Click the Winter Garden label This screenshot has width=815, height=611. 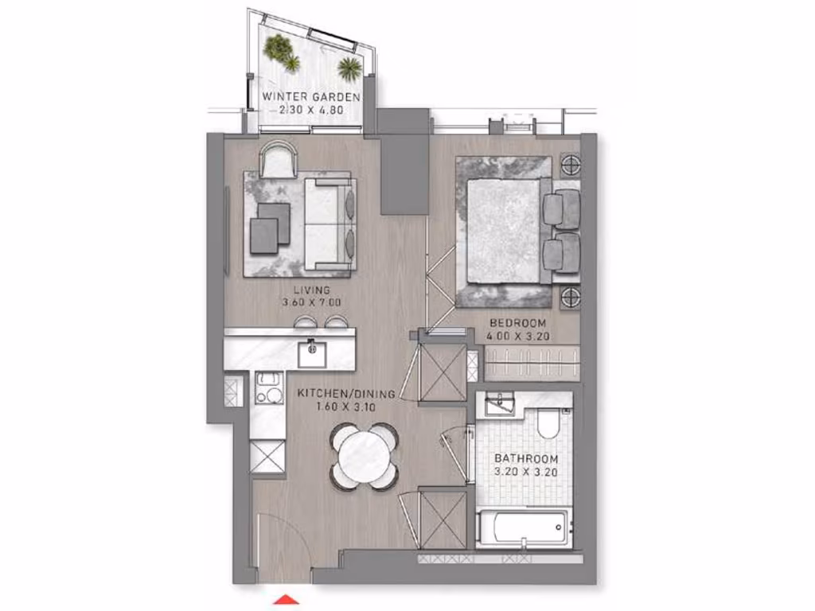tap(311, 97)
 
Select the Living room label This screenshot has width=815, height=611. tap(310, 290)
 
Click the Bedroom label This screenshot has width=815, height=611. tap(517, 323)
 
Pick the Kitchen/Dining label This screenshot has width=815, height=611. tap(336, 393)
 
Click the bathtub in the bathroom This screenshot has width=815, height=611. tap(523, 525)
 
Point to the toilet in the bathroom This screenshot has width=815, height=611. tap(549, 422)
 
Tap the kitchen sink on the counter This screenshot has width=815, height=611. tap(311, 351)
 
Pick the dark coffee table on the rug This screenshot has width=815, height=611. tap(269, 227)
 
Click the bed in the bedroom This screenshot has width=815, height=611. tap(503, 231)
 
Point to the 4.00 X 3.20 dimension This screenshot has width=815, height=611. tap(517, 336)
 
